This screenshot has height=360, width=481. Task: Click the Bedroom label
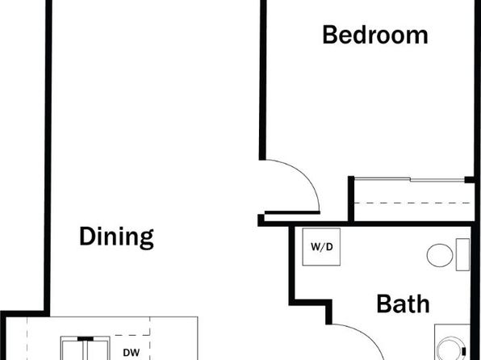coord(374,35)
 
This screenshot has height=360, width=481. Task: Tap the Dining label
coord(116,237)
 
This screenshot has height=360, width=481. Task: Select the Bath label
coord(403,303)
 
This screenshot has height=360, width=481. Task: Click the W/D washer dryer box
coord(321,247)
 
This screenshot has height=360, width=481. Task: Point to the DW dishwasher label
coord(132,353)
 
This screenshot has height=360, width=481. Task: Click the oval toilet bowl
coord(440,255)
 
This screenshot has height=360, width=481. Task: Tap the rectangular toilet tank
coord(462,255)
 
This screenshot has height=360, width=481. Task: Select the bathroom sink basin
coord(452,349)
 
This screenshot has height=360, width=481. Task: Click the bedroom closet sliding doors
coord(409,179)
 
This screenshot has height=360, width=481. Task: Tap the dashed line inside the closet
coord(412,203)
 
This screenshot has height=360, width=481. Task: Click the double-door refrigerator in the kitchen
coord(85,349)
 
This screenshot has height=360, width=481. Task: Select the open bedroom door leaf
coord(292,212)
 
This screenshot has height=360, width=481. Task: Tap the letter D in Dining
coord(86,236)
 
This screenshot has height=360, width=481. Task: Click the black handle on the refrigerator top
coord(86,338)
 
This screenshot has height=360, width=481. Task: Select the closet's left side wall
coord(351,199)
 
